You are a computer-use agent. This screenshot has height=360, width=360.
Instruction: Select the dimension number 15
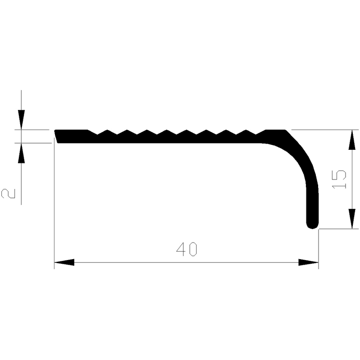click(x=340, y=180)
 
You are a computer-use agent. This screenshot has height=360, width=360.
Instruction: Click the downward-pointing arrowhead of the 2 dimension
click(x=20, y=120)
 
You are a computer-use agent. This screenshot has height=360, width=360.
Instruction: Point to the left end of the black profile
click(x=57, y=135)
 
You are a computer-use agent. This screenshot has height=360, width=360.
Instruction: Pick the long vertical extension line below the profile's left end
click(x=54, y=202)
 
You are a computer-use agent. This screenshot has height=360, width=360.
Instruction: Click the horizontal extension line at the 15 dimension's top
click(x=324, y=130)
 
